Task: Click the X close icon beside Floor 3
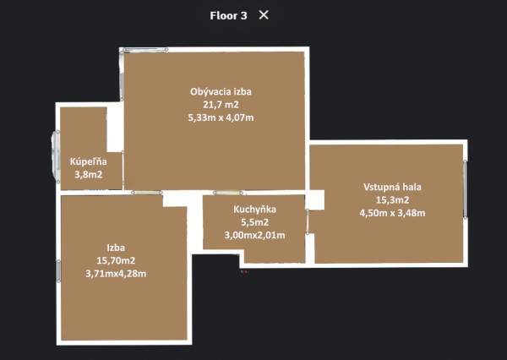[264, 15]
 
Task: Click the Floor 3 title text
[228, 15]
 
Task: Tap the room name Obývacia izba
[221, 91]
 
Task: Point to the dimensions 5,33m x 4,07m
[221, 118]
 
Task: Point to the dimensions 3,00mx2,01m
[255, 234]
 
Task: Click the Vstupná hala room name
[392, 187]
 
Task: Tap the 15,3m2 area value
[392, 199]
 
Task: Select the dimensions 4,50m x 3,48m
[392, 213]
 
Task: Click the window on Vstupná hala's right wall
[466, 191]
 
